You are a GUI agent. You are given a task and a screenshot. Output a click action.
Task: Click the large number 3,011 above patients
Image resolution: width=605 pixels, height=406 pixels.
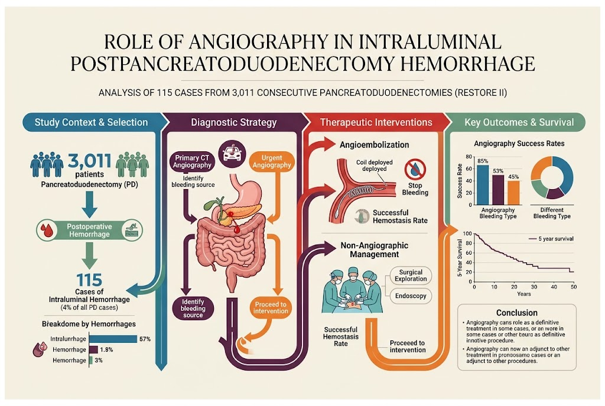point(90,160)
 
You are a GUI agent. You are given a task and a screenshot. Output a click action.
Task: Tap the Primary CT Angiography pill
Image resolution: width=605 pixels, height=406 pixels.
point(192,161)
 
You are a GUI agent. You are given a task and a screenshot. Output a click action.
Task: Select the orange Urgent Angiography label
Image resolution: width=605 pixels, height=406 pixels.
point(272,161)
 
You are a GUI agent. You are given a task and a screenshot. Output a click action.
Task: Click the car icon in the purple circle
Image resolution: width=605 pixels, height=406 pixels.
point(232,153)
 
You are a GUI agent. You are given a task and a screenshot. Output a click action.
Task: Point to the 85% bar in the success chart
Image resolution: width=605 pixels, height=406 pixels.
point(483,185)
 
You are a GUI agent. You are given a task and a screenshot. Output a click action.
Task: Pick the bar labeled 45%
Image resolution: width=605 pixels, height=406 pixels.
point(513,193)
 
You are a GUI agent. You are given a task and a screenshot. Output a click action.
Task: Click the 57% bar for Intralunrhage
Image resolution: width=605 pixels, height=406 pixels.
point(113,339)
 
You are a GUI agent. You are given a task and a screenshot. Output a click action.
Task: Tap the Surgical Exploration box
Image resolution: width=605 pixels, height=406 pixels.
point(411,275)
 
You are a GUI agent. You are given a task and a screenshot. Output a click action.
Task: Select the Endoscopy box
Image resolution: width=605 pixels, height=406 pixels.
point(411,296)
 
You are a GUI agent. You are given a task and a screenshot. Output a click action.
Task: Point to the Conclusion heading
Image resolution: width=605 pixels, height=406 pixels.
point(516,313)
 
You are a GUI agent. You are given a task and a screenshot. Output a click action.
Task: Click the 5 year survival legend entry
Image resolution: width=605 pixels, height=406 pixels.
point(551,239)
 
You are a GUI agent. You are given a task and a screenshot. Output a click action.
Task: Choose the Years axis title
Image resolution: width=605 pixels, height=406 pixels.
point(523,294)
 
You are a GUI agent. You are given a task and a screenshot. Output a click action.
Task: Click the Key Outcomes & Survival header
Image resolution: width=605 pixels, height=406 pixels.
point(519,122)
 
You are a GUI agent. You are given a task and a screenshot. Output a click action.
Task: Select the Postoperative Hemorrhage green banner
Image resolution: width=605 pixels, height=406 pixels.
point(90,230)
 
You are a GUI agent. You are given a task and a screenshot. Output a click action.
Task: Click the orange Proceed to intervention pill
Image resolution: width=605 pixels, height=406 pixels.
point(271,307)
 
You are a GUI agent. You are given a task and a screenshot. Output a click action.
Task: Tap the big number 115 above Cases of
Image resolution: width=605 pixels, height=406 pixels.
point(89,280)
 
